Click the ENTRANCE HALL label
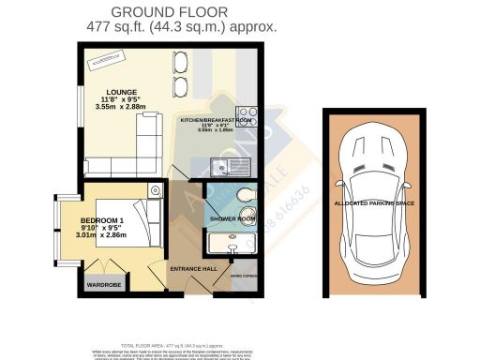coord(193,268)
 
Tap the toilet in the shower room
coord(245,195)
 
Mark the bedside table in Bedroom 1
coord(155,191)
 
